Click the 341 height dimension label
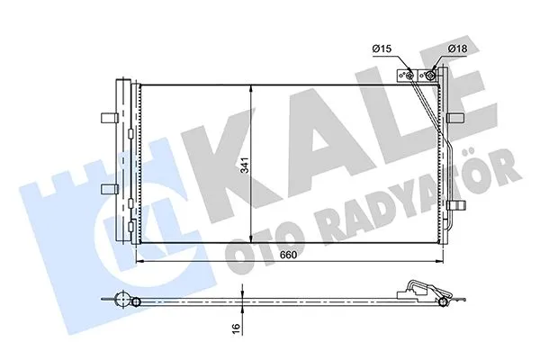click(x=242, y=165)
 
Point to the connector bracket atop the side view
click(x=417, y=287)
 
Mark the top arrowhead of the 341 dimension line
click(x=249, y=86)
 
